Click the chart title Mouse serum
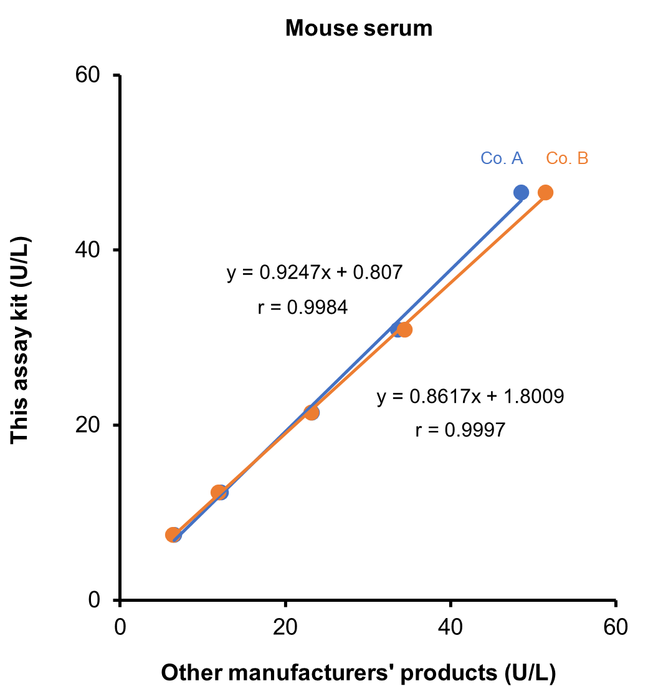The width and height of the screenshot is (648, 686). [x=358, y=28]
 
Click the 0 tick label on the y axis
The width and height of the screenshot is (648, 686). [x=95, y=599]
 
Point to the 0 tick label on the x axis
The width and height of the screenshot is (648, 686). [x=120, y=626]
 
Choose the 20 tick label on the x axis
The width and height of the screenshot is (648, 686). [x=285, y=626]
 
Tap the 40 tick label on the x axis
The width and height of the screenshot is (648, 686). [x=450, y=626]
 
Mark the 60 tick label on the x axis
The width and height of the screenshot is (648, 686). [x=616, y=626]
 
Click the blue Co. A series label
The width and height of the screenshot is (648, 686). [x=502, y=158]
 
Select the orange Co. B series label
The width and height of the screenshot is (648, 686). [x=567, y=158]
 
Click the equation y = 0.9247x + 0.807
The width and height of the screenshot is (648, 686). [x=315, y=273]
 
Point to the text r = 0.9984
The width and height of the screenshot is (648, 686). [x=302, y=307]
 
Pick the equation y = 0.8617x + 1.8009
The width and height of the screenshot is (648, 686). [x=470, y=397]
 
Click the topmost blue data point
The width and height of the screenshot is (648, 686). [x=521, y=193]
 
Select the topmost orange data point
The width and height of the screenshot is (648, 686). [x=545, y=193]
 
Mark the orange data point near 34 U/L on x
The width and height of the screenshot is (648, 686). [x=404, y=329]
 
